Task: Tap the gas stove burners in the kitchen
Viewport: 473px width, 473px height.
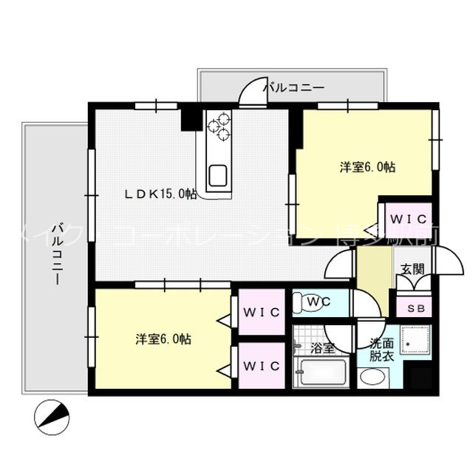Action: pyautogui.click(x=219, y=126)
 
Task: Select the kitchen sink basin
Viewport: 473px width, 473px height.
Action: pyautogui.click(x=219, y=176)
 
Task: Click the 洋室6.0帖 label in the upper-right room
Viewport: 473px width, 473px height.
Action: pyautogui.click(x=367, y=168)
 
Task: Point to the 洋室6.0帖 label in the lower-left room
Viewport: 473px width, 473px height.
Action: pyautogui.click(x=163, y=339)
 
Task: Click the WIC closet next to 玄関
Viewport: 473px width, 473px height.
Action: pyautogui.click(x=405, y=220)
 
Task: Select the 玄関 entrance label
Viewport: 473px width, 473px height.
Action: pyautogui.click(x=412, y=270)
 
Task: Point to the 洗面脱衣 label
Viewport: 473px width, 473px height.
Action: pyautogui.click(x=381, y=348)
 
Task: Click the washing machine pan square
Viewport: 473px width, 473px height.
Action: pyautogui.click(x=416, y=342)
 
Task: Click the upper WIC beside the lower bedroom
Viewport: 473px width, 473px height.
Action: pyautogui.click(x=261, y=312)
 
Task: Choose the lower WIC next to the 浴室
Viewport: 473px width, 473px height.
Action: pyautogui.click(x=261, y=365)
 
